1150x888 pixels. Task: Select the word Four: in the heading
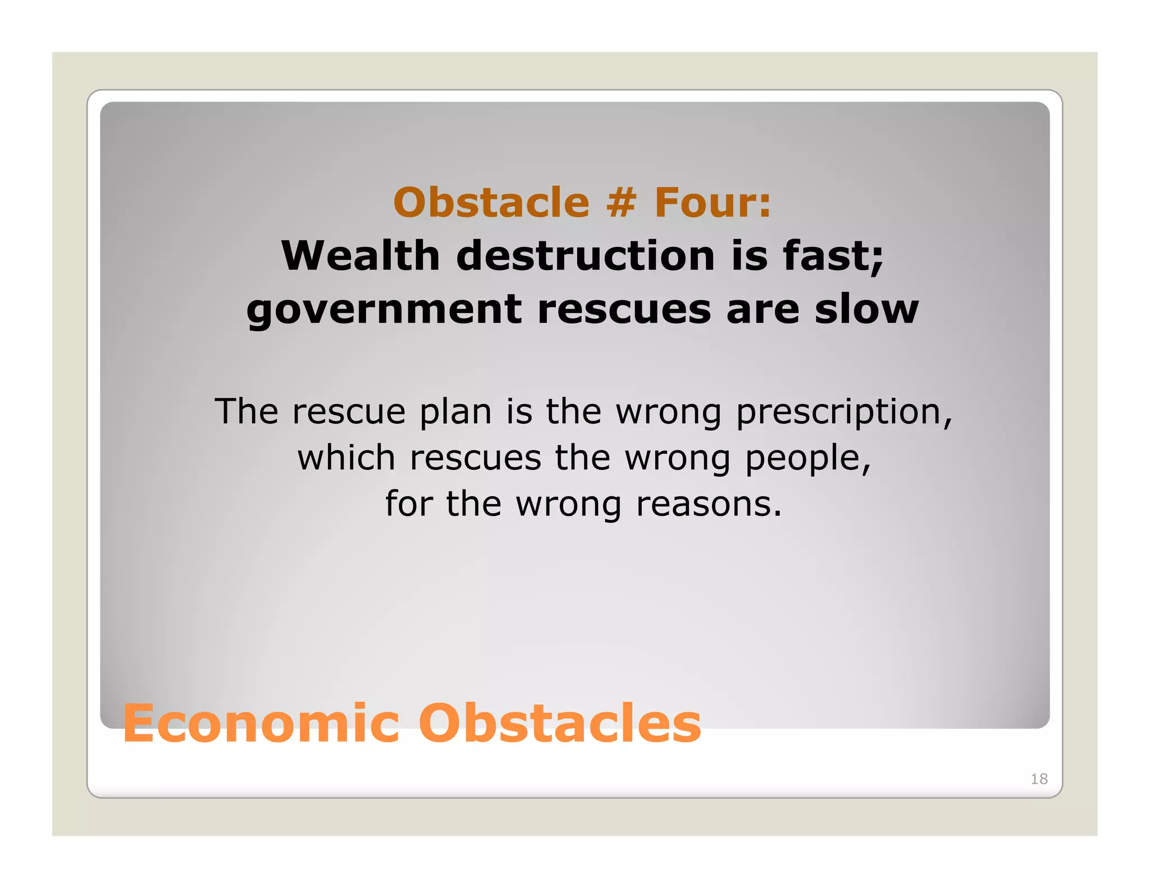(x=713, y=203)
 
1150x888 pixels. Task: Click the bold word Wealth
(x=360, y=256)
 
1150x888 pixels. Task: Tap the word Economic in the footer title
(x=261, y=724)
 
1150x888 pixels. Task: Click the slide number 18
(x=1039, y=779)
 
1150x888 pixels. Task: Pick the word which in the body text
(x=346, y=457)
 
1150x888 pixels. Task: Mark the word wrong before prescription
(x=668, y=413)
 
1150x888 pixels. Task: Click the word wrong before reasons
(x=568, y=505)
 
